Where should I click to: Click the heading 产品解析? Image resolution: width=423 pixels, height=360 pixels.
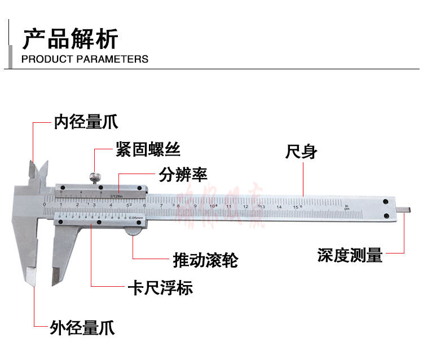[x=70, y=39]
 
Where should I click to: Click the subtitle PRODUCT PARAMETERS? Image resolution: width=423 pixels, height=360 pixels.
[x=85, y=59]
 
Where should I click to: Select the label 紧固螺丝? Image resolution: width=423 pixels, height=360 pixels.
[x=148, y=149]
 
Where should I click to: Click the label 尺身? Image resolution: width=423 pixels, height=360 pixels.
[x=302, y=152]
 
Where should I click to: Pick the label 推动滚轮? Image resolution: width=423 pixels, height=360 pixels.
[x=205, y=260]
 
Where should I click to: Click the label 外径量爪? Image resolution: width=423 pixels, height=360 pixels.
[x=82, y=327]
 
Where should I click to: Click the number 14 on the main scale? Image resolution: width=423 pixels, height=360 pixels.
[x=279, y=207]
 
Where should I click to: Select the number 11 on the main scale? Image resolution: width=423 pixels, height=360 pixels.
[x=230, y=206]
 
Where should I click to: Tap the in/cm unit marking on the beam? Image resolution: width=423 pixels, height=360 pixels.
[x=347, y=207]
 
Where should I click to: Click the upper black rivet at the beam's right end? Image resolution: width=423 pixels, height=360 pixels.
[x=385, y=201]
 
